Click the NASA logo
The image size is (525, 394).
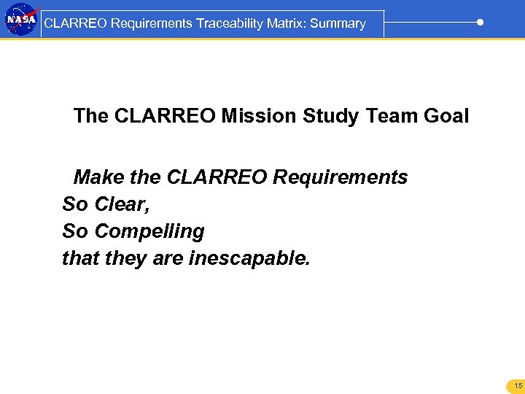coord(20,20)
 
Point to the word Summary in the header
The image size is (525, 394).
coord(338,23)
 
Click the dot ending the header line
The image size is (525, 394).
coord(480,23)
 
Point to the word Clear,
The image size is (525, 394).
coord(122,204)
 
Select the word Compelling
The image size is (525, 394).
coord(149,232)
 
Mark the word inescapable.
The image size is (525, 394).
coord(249,258)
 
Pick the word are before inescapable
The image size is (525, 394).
coord(168,258)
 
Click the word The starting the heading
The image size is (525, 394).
coord(90,116)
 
